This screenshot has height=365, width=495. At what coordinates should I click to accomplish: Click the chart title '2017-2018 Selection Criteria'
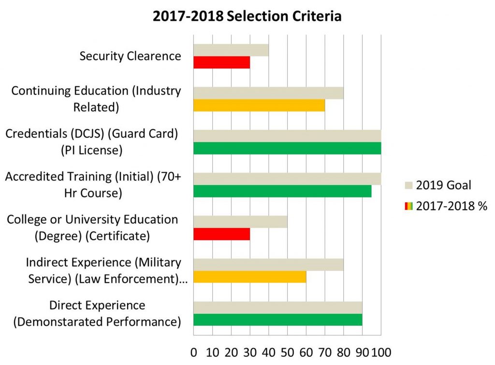point(247,16)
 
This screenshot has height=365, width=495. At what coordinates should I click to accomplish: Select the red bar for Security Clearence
point(222,62)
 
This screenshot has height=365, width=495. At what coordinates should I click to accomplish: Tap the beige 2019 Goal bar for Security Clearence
point(231,50)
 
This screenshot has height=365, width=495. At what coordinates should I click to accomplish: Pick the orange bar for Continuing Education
point(259,105)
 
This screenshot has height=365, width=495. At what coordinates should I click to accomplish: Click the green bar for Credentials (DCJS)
point(287,148)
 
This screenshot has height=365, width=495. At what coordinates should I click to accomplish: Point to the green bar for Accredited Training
point(282,191)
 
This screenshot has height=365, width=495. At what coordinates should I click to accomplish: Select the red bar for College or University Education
point(222,234)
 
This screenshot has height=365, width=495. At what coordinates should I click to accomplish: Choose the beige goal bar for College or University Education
point(240,222)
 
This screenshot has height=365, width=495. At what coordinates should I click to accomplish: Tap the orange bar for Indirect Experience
point(250,277)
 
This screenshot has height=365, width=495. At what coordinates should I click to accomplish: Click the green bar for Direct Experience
point(278,320)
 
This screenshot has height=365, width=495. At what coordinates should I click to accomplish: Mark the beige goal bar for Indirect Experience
point(268,264)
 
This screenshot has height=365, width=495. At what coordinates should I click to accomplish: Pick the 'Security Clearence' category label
point(131,56)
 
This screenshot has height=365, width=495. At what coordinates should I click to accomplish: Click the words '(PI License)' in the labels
point(92,150)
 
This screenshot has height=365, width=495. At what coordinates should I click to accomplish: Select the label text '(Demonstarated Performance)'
point(97,321)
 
